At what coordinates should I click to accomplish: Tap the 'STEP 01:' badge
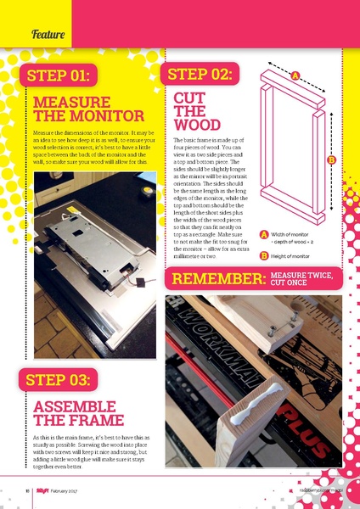[x=59, y=76]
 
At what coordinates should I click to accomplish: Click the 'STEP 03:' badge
[x=59, y=379]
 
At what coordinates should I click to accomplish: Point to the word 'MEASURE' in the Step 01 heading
[x=70, y=102]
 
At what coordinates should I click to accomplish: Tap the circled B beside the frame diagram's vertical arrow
[x=331, y=159]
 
